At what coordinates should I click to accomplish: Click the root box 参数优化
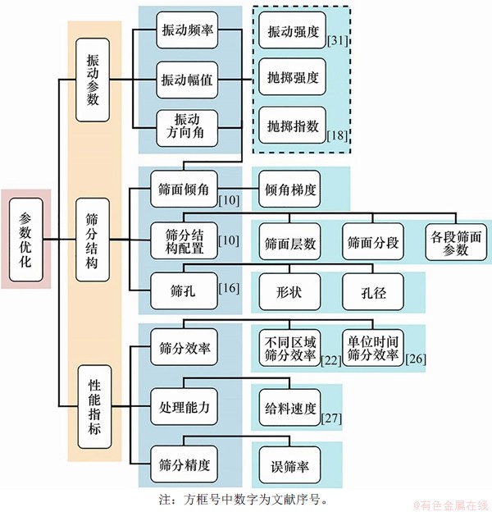point(26,240)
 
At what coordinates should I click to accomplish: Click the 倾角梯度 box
point(291,188)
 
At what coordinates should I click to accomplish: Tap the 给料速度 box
point(290,407)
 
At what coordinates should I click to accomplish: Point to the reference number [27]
point(333,418)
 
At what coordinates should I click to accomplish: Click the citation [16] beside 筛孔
point(229,288)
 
